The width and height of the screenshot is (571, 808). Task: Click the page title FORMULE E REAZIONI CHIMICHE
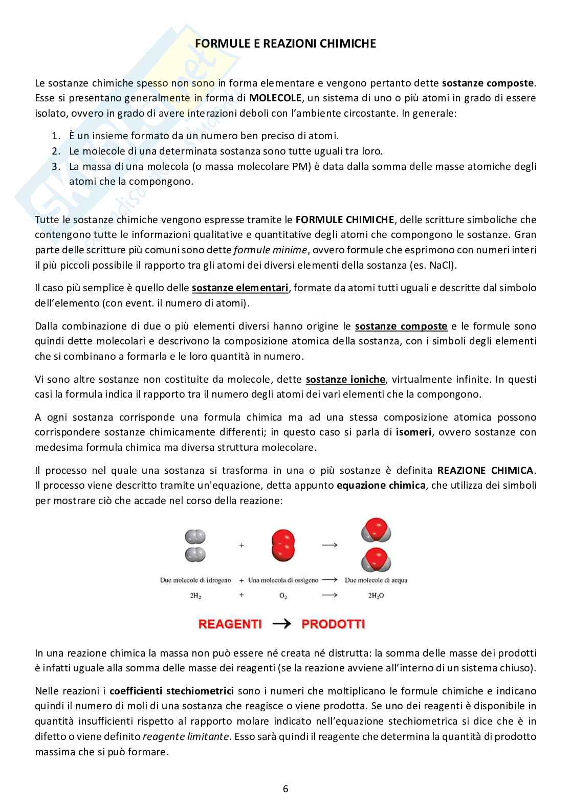coord(285,44)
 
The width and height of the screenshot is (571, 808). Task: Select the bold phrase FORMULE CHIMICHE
coord(345,220)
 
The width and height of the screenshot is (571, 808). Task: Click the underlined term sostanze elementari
coord(240,288)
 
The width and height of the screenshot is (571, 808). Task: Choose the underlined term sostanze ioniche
coord(345,380)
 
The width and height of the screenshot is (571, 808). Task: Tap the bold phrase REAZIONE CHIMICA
coord(485,470)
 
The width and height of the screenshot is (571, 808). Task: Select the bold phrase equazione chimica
coord(381,486)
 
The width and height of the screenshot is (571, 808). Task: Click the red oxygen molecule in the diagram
coord(283,545)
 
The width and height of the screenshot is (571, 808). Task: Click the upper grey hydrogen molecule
coord(195,536)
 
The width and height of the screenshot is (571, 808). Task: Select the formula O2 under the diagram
coord(283,596)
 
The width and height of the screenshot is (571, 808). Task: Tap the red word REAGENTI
coord(230,624)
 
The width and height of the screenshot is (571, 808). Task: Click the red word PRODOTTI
coord(333,624)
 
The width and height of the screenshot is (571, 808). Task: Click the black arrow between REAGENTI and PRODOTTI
coord(281,624)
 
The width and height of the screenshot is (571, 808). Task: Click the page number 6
coord(285,789)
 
